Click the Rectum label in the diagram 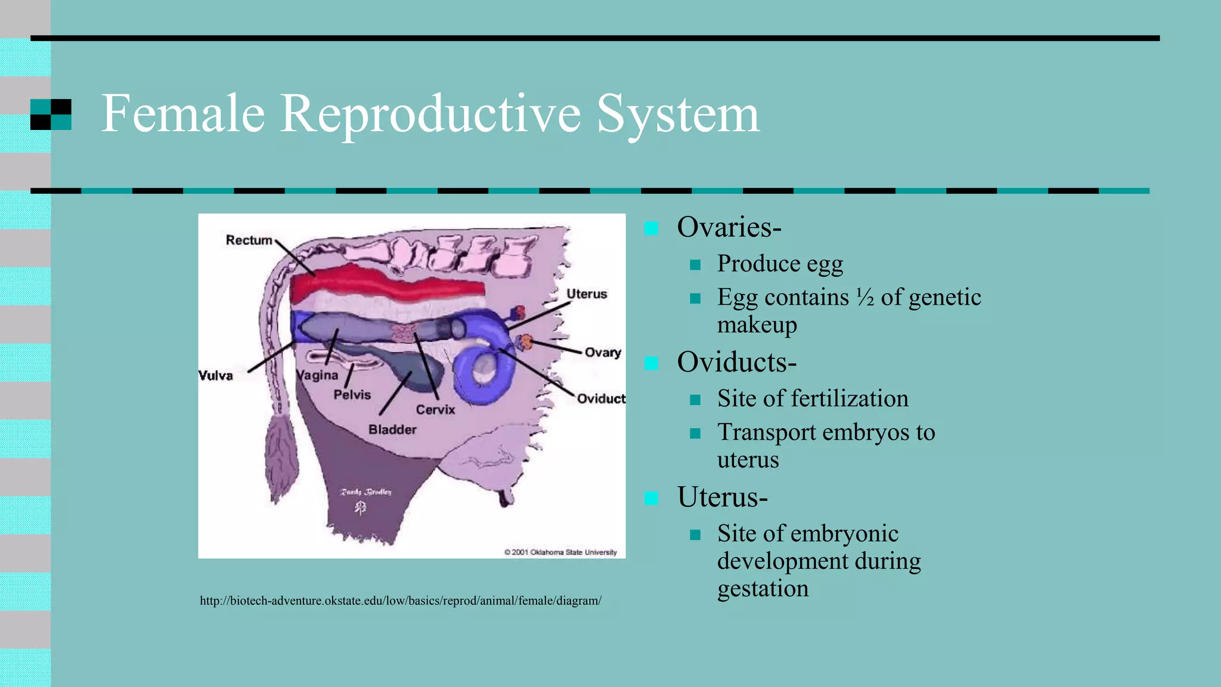tap(249, 240)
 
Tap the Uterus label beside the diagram tap(587, 294)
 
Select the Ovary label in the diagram tap(603, 352)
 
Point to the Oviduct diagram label tap(600, 398)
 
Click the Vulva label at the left tap(215, 376)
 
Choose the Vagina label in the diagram tap(318, 375)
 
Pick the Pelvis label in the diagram tap(352, 395)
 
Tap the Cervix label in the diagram tap(435, 410)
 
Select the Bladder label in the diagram tap(392, 429)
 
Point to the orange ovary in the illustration tap(526, 342)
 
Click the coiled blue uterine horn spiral tap(484, 372)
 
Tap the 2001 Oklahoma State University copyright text tap(560, 552)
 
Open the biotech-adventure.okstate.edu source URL tap(401, 601)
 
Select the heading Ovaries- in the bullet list tap(729, 227)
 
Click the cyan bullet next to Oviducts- tap(651, 363)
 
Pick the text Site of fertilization tap(813, 398)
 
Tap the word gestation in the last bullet tap(763, 589)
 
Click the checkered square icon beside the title tap(51, 114)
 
